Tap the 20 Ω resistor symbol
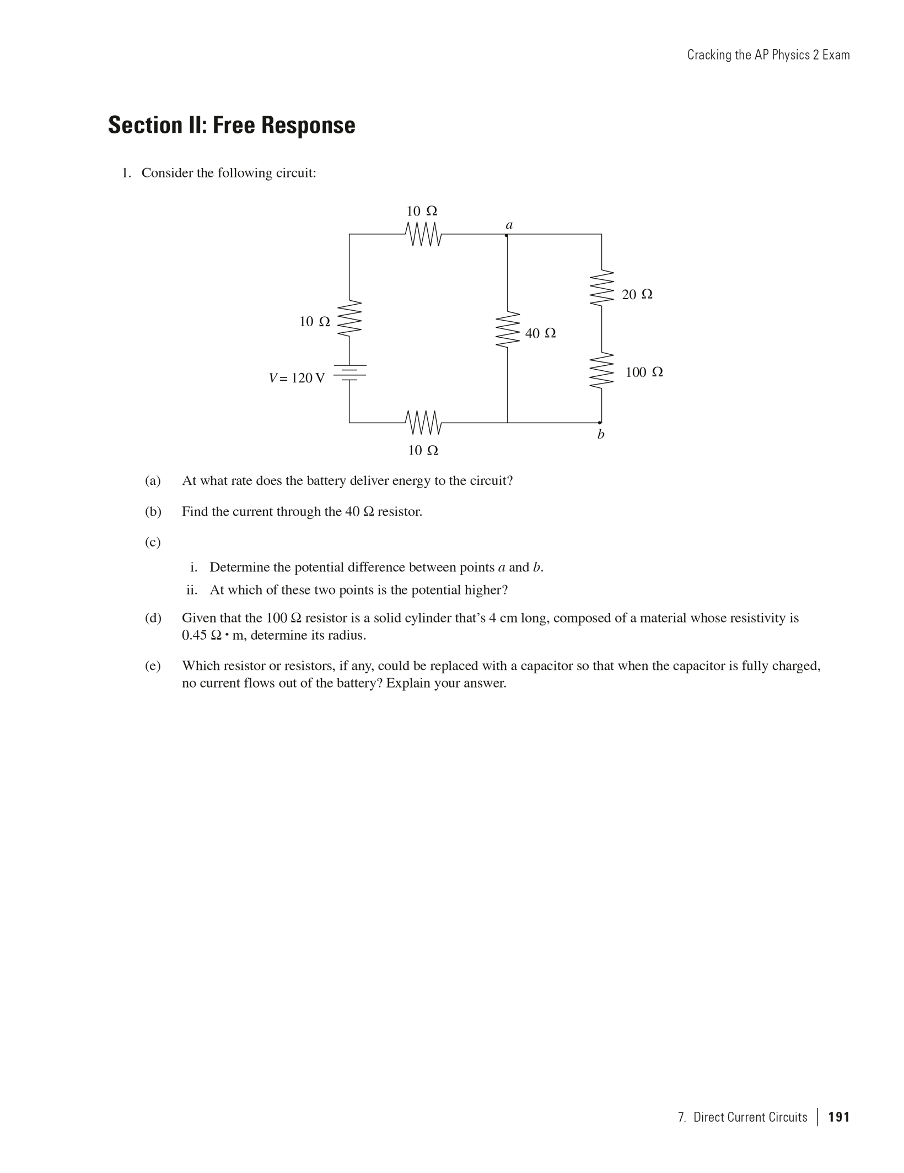(601, 288)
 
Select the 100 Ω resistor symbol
(601, 371)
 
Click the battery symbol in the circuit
(349, 372)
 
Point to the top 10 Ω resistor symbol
(423, 235)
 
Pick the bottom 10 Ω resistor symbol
(423, 423)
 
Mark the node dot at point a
(507, 235)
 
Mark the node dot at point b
(600, 423)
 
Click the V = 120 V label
(297, 378)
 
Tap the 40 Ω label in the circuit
(540, 333)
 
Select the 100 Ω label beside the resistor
(644, 372)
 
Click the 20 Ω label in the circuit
(637, 295)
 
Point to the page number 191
(839, 1117)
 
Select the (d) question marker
(153, 618)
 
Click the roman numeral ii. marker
(192, 590)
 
